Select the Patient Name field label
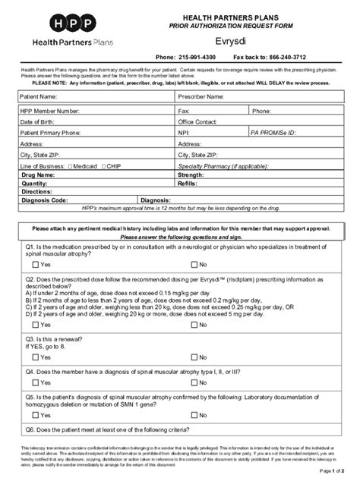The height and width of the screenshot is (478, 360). pyautogui.click(x=39, y=97)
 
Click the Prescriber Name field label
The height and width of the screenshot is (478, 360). pyautogui.click(x=201, y=97)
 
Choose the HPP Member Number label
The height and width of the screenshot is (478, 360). pyautogui.click(x=50, y=111)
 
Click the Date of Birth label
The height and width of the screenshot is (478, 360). pyautogui.click(x=38, y=121)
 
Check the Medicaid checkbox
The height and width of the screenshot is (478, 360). pyautogui.click(x=70, y=165)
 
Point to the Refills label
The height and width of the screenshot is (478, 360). pyautogui.click(x=188, y=184)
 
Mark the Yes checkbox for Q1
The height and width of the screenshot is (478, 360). pyautogui.click(x=36, y=264)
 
